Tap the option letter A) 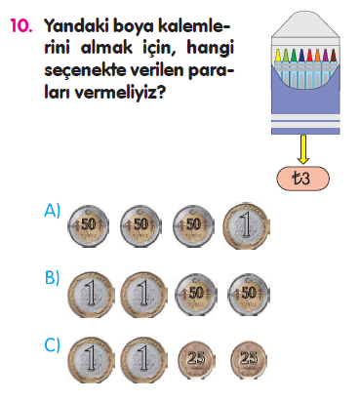(x=54, y=210)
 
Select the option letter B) (x=54, y=278)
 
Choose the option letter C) (x=54, y=344)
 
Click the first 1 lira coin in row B (x=89, y=293)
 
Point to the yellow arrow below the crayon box (x=303, y=148)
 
